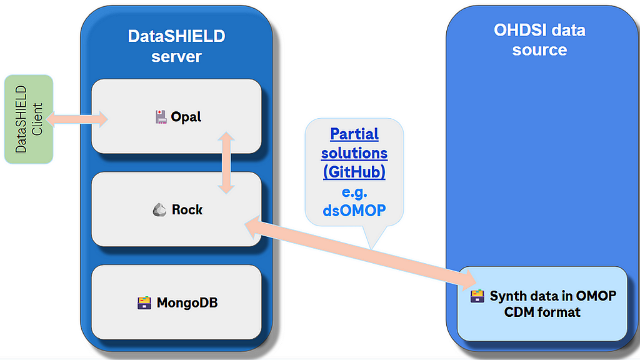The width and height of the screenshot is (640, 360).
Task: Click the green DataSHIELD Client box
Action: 29,119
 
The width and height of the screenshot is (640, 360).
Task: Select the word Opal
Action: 186,117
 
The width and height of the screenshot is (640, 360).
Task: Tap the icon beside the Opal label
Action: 161,117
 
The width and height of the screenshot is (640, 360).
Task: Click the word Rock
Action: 187,210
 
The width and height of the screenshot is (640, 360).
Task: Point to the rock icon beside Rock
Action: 159,210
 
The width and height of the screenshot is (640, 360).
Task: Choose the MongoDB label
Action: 187,303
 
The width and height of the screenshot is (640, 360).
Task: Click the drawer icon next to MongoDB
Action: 144,303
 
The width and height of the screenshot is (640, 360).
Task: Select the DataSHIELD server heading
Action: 176,46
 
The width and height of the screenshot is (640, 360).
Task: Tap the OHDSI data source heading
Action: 539,40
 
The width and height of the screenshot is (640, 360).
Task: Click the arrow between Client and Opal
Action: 77,119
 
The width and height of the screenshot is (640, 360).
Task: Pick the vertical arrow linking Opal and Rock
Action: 226,162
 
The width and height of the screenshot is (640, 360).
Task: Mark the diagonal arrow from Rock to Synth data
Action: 361,252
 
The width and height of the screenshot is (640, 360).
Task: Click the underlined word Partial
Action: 354,134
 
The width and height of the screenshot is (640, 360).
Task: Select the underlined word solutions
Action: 354,153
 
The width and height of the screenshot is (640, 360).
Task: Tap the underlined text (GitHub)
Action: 354,172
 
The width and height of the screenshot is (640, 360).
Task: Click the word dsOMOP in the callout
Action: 354,211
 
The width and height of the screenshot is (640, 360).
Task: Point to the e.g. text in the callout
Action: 354,192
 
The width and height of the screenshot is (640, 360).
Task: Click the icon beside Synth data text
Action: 477,296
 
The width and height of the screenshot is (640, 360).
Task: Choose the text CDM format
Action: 542,312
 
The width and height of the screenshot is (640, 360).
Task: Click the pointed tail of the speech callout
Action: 371,247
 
